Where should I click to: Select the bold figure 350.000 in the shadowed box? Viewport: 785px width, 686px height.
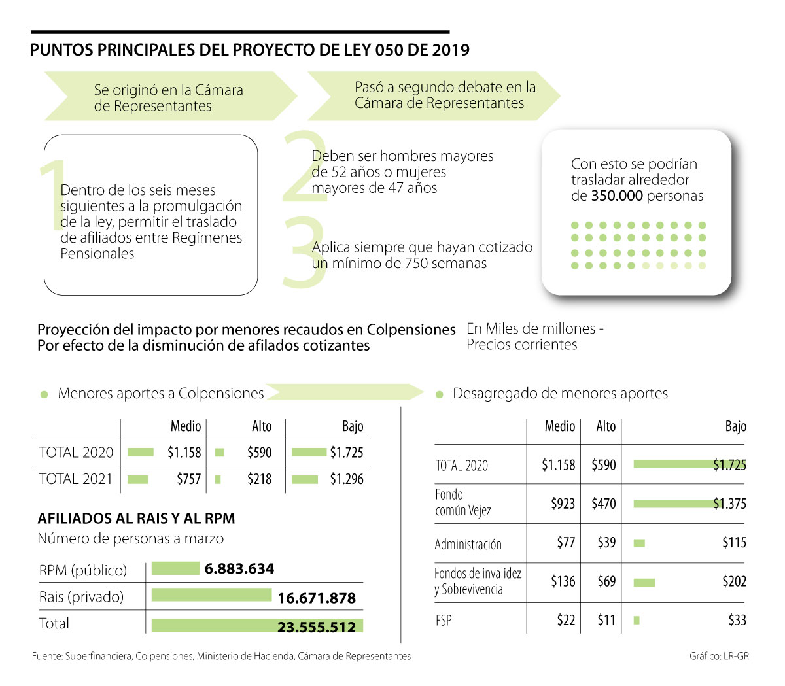[617, 196]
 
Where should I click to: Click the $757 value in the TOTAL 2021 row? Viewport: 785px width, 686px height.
[188, 479]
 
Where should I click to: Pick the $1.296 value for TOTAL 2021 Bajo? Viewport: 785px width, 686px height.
[346, 479]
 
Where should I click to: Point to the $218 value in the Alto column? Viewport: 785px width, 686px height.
[259, 479]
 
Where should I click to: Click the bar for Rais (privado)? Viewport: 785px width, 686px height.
[211, 595]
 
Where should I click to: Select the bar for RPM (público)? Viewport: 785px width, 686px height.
[175, 568]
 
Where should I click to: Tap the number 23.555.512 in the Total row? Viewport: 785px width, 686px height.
[317, 627]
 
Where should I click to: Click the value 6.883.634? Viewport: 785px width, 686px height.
[239, 569]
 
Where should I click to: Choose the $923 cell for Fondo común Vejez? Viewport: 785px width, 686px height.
[563, 504]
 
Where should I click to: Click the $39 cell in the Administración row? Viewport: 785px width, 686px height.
[606, 543]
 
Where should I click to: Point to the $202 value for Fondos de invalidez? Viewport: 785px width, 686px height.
[734, 581]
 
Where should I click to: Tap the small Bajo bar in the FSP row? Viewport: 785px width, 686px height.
[637, 620]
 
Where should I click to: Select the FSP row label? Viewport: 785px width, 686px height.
[444, 620]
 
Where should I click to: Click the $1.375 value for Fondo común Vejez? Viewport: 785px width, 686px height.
[729, 504]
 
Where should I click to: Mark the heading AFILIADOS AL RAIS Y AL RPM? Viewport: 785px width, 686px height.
[136, 519]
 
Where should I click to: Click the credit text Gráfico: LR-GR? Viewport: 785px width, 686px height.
[719, 656]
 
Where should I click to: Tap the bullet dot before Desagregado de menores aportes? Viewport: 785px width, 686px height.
[440, 394]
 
